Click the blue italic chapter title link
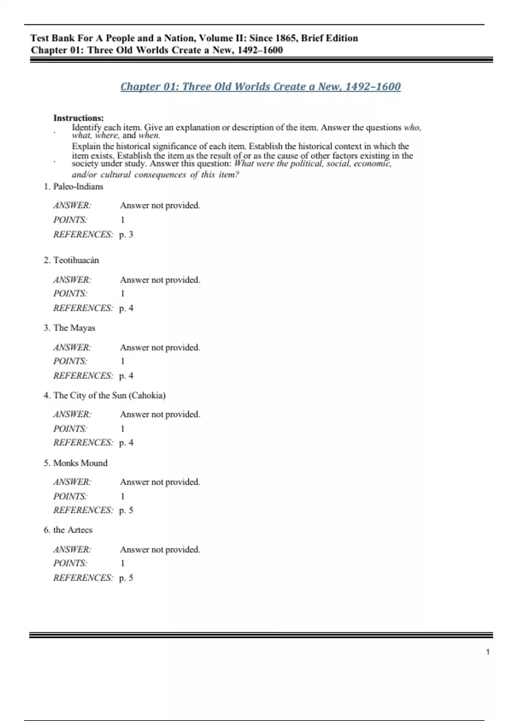(260, 87)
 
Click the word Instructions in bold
(78, 118)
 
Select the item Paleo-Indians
(78, 187)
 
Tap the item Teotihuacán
(76, 260)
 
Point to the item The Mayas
(74, 328)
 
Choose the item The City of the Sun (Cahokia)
(109, 395)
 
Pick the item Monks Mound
(80, 463)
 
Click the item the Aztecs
(73, 530)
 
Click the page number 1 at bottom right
(488, 652)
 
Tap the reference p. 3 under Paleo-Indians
(126, 235)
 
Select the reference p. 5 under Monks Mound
(126, 510)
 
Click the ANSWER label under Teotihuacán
(72, 280)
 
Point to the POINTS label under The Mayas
(70, 361)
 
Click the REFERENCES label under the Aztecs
(83, 578)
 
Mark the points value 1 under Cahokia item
(123, 429)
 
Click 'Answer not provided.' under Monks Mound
(160, 482)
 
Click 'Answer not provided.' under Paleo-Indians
(160, 205)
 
